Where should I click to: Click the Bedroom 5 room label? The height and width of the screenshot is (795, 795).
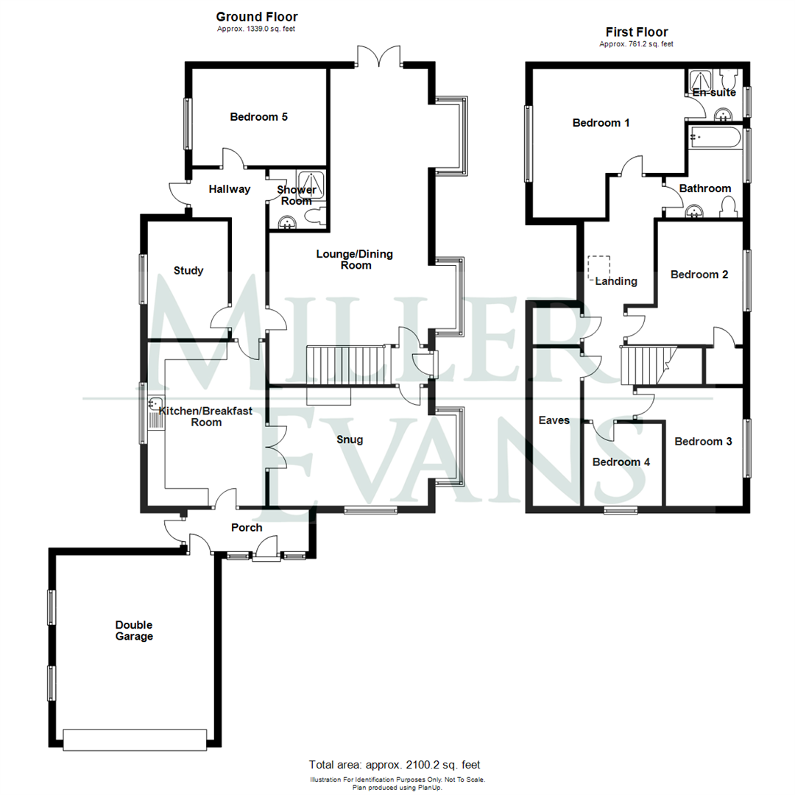(x=258, y=116)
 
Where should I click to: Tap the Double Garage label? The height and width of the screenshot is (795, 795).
(x=134, y=631)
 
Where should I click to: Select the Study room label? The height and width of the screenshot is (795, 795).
(x=188, y=270)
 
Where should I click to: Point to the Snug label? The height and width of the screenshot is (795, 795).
(x=349, y=439)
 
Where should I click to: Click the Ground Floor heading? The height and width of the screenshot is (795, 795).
(x=256, y=16)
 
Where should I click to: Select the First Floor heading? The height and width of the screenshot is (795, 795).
(x=636, y=32)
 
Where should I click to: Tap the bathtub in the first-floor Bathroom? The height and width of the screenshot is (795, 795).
(x=715, y=138)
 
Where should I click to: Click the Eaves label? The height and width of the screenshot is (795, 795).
(x=554, y=420)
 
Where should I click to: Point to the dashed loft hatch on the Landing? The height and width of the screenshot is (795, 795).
(x=599, y=266)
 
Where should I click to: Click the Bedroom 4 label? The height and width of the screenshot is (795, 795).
(x=621, y=462)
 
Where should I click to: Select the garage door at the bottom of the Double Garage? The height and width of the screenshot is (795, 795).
(x=135, y=739)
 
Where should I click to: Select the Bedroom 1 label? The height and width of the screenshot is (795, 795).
(x=601, y=123)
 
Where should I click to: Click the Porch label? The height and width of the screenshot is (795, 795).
(x=247, y=528)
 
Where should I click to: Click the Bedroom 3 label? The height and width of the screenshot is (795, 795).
(x=703, y=442)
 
